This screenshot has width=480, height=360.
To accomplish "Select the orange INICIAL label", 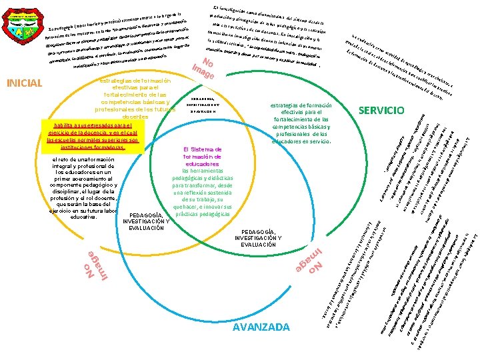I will point(24,83).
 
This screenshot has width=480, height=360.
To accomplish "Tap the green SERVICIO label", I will point(381,109).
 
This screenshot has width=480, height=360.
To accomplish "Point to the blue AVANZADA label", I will point(261,327).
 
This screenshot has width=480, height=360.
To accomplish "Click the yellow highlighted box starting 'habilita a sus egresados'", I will point(92,137).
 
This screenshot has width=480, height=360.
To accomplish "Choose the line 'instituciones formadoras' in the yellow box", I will point(92,148).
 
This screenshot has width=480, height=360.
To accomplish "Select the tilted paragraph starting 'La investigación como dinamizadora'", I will point(267,33).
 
